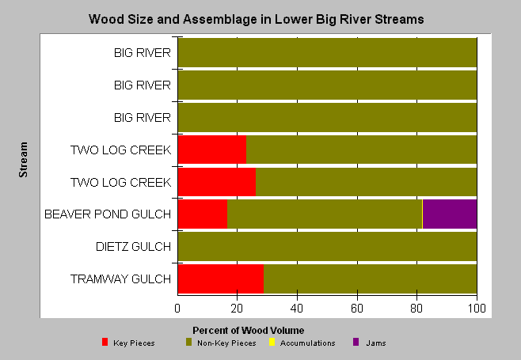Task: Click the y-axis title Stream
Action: point(23,159)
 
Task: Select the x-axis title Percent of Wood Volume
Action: point(248,331)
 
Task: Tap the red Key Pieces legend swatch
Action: point(105,342)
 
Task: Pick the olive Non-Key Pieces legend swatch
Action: point(188,342)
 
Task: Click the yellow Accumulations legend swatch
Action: point(272,342)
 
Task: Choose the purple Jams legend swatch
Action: point(356,342)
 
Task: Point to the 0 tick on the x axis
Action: point(177,309)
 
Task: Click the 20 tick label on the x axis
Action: point(237,309)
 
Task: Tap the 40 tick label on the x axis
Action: point(297,309)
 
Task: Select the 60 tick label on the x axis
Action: point(357,309)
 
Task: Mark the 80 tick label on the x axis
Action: point(416,309)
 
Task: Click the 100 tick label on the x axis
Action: point(477,309)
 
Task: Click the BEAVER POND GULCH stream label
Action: point(108,214)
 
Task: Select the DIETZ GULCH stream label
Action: point(133,246)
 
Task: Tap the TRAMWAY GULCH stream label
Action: point(120,279)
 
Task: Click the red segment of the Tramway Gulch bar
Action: point(221,279)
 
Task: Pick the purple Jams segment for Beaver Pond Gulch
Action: point(450,214)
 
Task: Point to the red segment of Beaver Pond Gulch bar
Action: point(203,214)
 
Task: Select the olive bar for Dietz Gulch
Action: point(327,246)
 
